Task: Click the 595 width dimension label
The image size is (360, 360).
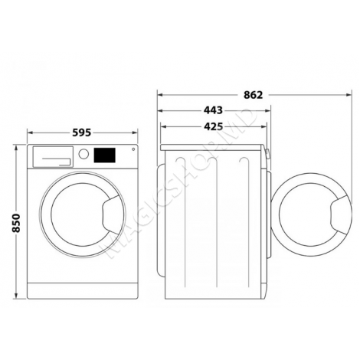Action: tap(81, 133)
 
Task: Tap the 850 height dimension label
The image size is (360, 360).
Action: tap(16, 223)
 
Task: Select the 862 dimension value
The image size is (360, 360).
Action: tap(253, 95)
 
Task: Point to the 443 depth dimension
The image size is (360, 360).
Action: tap(213, 110)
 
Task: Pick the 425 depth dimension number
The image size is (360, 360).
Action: tap(213, 126)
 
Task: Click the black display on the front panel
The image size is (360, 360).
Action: tap(104, 155)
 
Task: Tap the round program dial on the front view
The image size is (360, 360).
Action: tap(83, 154)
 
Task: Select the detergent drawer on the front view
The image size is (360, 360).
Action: tap(53, 156)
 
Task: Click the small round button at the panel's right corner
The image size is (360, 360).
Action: tap(133, 149)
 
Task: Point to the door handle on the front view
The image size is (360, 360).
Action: tap(111, 214)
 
